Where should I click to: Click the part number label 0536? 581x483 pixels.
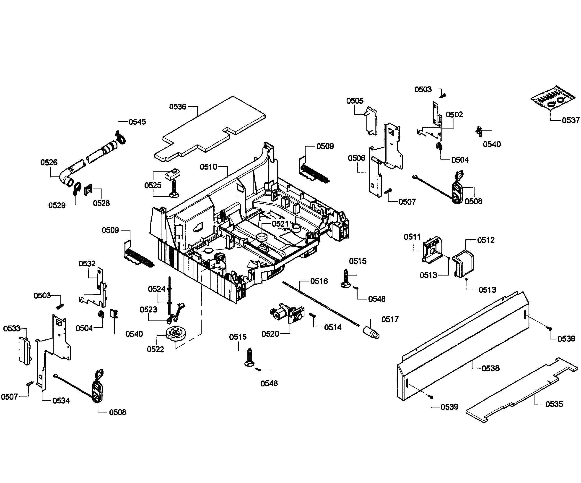point(178,107)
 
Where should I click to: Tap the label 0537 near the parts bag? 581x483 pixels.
point(571,120)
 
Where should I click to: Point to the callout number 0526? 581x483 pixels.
point(49,162)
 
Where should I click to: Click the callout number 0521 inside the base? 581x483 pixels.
point(280,224)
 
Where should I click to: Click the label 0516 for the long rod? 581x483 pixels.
point(319,281)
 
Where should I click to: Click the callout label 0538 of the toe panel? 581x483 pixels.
point(490,368)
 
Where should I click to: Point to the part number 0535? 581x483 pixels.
point(554,404)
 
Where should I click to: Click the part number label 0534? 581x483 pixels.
point(61,401)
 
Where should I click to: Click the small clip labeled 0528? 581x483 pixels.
point(88,189)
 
